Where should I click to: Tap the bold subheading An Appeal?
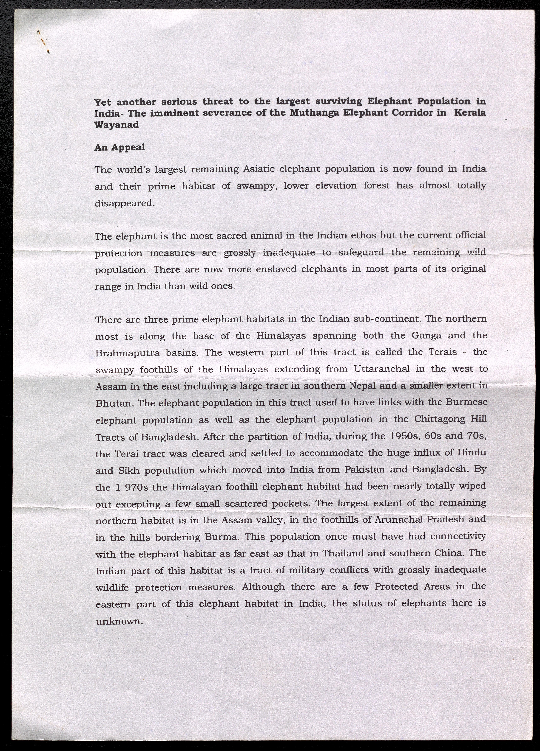click(x=120, y=147)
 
